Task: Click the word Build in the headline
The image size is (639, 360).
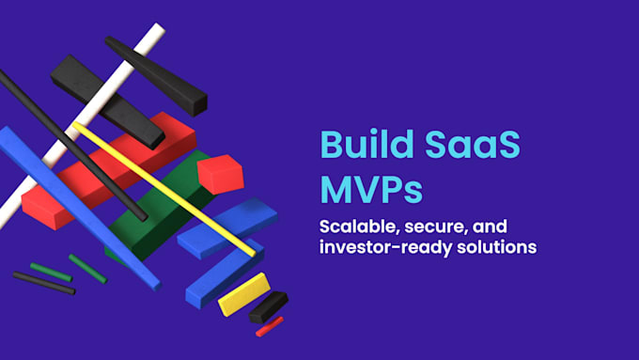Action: (x=366, y=144)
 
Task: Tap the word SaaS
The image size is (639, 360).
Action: (x=473, y=145)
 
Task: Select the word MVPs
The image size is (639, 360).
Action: (x=371, y=189)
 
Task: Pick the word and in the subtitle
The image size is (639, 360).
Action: (x=490, y=227)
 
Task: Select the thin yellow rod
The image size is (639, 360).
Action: (x=164, y=189)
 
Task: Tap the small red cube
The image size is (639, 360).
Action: (x=221, y=174)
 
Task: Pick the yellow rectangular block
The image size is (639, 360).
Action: (x=244, y=294)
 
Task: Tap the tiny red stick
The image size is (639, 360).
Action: (x=270, y=326)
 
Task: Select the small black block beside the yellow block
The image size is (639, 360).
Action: (x=269, y=307)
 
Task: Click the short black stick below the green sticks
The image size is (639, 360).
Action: (x=44, y=283)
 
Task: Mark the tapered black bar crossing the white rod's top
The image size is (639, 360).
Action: (x=157, y=76)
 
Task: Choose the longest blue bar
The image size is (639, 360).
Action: (x=80, y=209)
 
